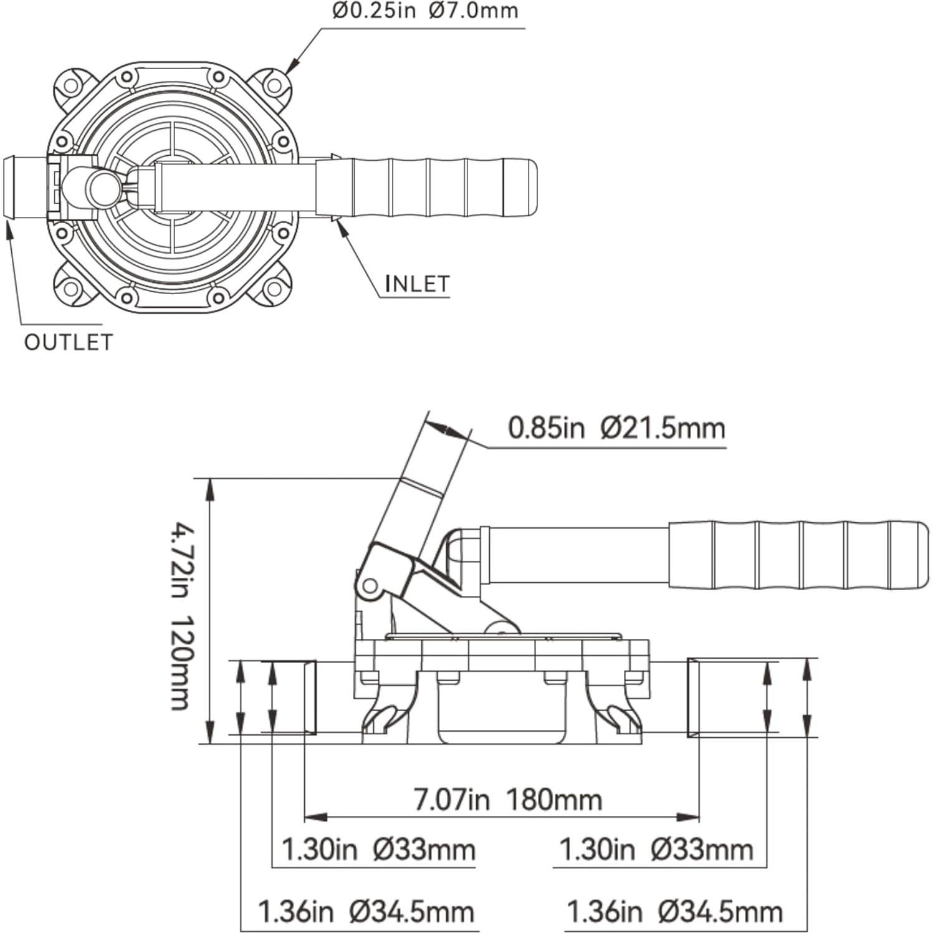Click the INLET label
click(x=417, y=284)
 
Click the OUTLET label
click(x=69, y=342)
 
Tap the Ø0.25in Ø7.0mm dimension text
click(x=424, y=11)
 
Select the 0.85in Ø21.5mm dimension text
click(x=616, y=429)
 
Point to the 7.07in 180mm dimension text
click(x=508, y=800)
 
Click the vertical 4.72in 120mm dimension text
click(x=181, y=618)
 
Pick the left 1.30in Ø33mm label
click(x=378, y=849)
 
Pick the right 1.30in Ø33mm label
click(x=656, y=849)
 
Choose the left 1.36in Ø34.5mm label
click(x=366, y=912)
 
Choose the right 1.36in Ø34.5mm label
click(x=674, y=912)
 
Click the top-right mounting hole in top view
click(x=273, y=85)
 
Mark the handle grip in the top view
click(x=427, y=188)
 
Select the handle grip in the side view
click(x=798, y=555)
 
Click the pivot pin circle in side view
click(x=370, y=586)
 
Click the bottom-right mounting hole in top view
click(x=273, y=289)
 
